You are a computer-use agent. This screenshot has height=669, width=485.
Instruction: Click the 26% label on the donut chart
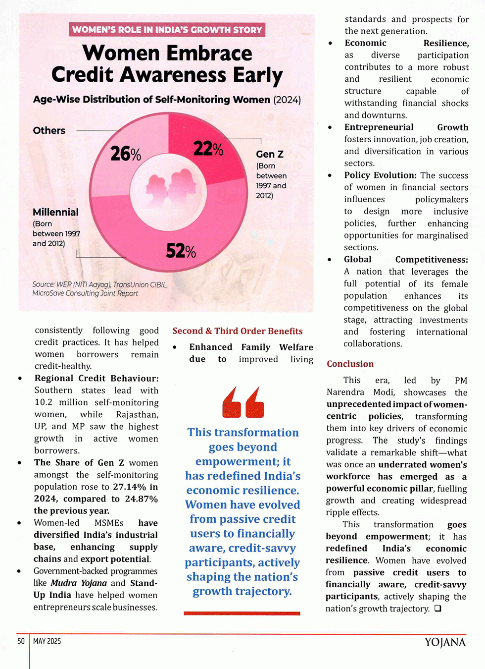126,154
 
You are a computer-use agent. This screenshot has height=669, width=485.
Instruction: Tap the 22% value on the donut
208,148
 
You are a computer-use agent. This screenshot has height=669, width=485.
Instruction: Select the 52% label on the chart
181,251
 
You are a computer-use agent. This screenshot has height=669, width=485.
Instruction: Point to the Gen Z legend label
270,154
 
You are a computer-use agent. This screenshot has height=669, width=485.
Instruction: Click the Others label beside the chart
49,130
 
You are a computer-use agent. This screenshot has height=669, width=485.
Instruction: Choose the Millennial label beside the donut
55,212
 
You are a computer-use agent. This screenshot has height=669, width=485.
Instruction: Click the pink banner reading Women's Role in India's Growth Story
167,30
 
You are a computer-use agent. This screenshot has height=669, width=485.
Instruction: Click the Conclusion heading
350,364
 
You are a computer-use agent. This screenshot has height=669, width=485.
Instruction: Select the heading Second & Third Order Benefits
238,331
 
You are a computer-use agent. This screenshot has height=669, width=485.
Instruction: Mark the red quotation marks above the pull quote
243,402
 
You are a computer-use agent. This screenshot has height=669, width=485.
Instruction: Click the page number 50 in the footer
21,641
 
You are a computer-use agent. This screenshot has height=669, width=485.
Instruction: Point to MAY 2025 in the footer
47,641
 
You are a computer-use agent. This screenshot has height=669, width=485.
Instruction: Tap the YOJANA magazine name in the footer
445,642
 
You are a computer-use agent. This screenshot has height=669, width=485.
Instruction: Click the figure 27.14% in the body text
130,487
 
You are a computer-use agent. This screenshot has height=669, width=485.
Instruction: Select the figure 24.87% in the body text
141,499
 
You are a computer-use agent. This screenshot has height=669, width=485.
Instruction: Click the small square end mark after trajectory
437,609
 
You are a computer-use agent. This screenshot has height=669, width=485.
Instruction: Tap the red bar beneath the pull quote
242,613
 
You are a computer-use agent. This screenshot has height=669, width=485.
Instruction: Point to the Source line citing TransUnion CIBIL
100,289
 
